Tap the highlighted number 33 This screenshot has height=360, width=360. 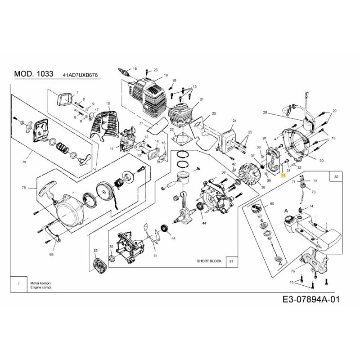click(x=283, y=175)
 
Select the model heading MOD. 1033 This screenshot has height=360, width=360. click(x=34, y=74)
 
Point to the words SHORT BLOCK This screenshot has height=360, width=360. click(x=209, y=261)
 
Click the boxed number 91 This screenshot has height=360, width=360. click(x=231, y=261)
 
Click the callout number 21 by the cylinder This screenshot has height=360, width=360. click(x=202, y=99)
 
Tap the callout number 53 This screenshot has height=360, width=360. click(x=95, y=250)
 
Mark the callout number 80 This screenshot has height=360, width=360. click(x=271, y=204)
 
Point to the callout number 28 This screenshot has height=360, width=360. click(x=265, y=112)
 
